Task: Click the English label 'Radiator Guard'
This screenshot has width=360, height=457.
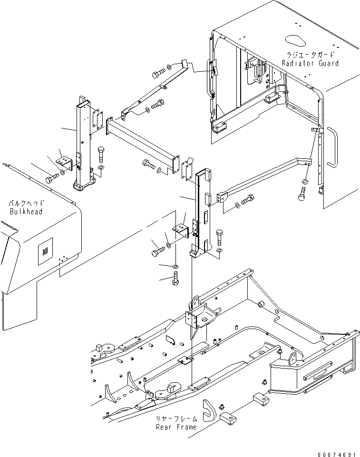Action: point(310,63)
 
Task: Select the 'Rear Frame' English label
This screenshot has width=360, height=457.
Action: point(176,427)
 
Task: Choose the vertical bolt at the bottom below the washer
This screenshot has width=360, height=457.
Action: point(175,278)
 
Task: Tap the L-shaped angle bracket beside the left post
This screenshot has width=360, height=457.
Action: point(64,159)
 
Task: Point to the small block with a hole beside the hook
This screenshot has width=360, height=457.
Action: point(231,418)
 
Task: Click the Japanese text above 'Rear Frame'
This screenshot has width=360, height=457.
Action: point(176,419)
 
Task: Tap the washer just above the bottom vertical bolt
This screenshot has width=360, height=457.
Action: point(175,265)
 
